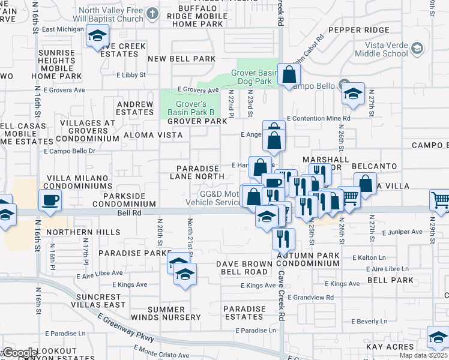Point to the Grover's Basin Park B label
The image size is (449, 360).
[x=187, y=108]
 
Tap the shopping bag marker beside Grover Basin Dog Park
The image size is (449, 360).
[x=289, y=75]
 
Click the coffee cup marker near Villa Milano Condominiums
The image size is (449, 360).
[x=50, y=200]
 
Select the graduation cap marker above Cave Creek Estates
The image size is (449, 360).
[x=96, y=38]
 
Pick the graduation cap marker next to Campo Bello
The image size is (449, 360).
[x=353, y=94]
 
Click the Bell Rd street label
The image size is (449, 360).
[x=129, y=213]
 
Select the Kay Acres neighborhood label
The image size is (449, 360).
[x=390, y=347]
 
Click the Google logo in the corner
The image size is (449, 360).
[x=20, y=353]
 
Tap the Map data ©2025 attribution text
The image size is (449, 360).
[x=424, y=355]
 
